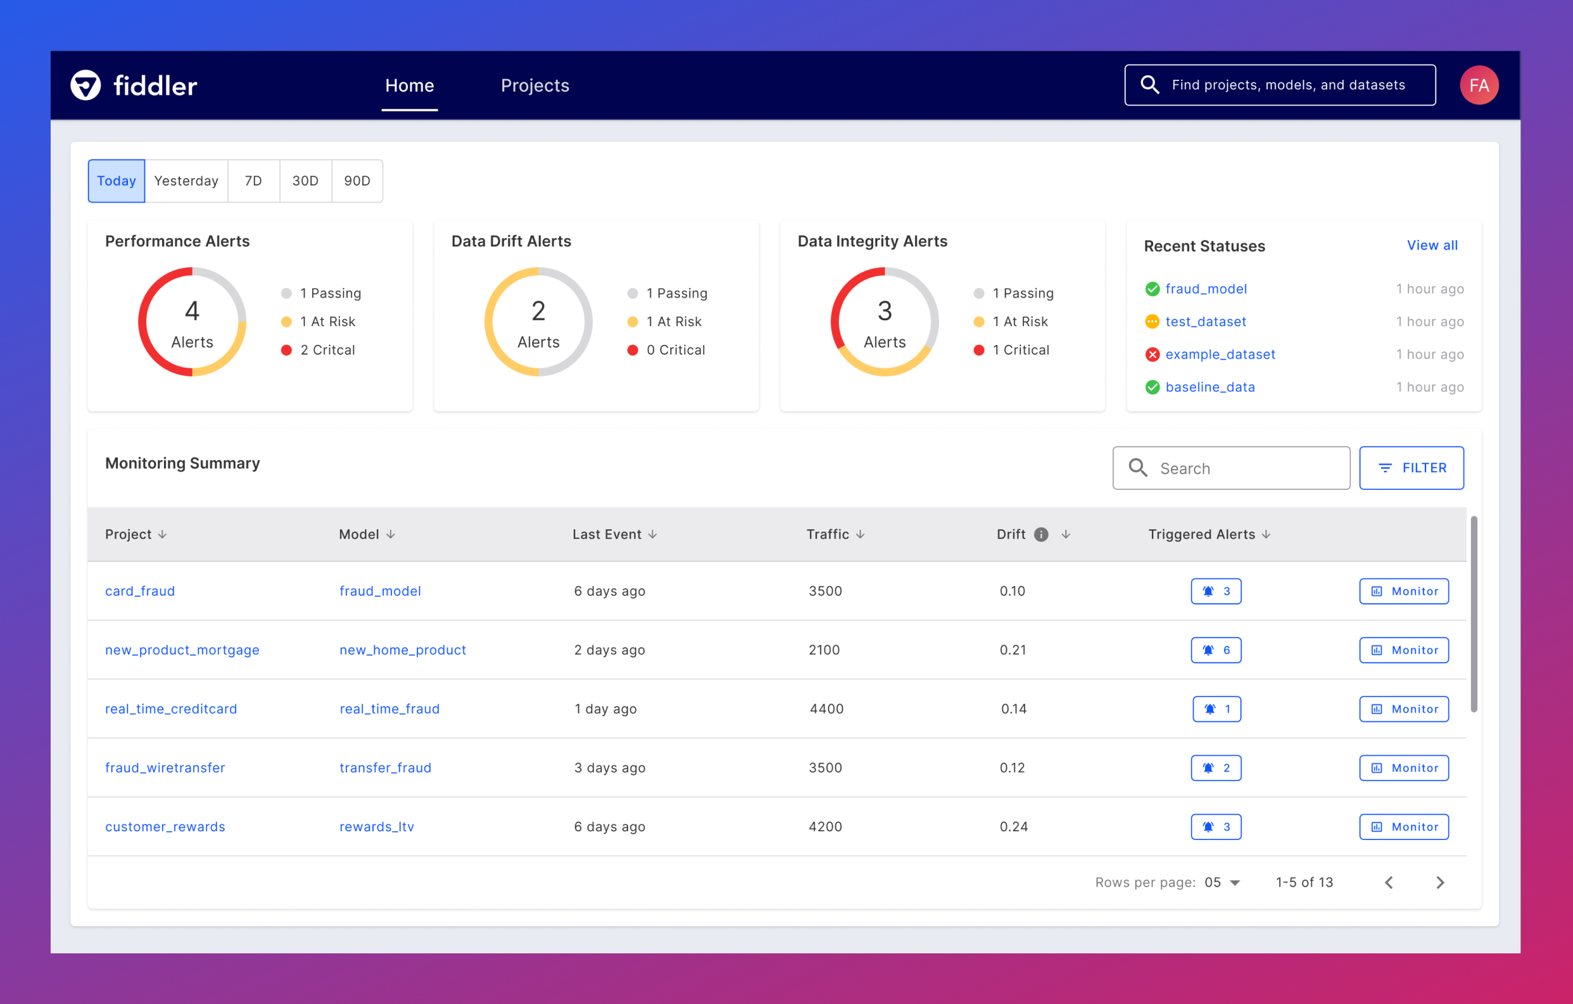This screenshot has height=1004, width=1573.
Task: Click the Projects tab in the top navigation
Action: click(x=534, y=85)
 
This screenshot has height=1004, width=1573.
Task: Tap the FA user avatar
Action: click(x=1478, y=85)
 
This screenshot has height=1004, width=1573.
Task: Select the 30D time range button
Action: click(x=305, y=181)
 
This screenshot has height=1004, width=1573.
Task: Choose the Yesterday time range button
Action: click(x=186, y=181)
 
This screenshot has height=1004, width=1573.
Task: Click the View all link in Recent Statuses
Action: click(x=1431, y=245)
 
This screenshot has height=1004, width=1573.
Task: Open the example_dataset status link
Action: click(x=1220, y=354)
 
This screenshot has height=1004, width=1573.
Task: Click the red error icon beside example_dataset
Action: click(x=1153, y=354)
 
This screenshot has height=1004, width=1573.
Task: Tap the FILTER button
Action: click(x=1411, y=468)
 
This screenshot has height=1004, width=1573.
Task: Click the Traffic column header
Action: click(x=828, y=534)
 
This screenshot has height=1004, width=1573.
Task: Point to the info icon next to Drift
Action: click(x=1041, y=534)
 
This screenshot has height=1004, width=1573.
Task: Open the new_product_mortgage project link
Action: click(x=182, y=650)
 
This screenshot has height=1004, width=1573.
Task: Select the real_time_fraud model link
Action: click(x=389, y=709)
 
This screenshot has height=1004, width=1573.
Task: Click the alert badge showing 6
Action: click(x=1216, y=650)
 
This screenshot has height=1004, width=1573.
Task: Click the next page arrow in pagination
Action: click(x=1440, y=882)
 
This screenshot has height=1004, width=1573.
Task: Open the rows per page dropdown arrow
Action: click(x=1235, y=882)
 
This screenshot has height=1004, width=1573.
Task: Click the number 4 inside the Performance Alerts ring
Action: click(x=192, y=311)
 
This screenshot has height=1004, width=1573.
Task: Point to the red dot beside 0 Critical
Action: click(x=633, y=350)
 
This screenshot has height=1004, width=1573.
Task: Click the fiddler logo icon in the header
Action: click(x=85, y=85)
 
